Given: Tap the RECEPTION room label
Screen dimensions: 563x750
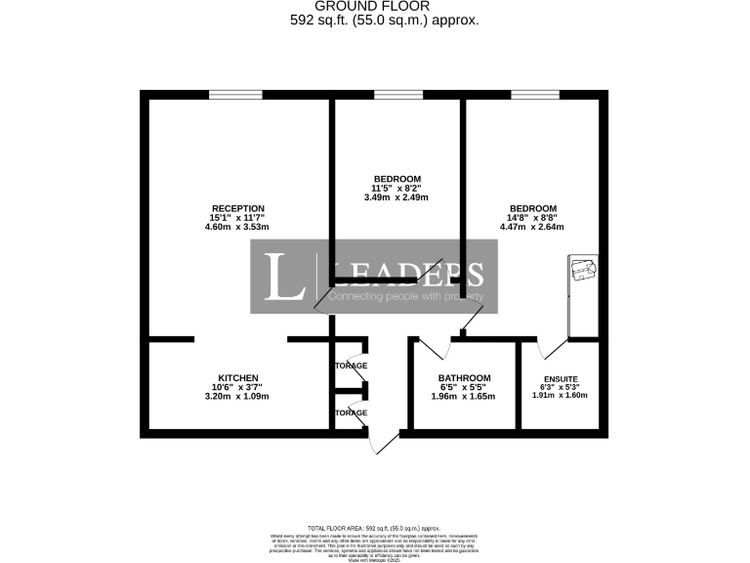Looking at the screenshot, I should click(x=238, y=208).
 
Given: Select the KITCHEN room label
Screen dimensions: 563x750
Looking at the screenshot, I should click(x=237, y=378).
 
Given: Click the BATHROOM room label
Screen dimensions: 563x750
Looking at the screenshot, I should click(x=464, y=378).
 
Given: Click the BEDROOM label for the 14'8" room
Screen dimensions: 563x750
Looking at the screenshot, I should click(x=532, y=208).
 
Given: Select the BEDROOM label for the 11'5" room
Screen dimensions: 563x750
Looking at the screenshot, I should click(x=396, y=179).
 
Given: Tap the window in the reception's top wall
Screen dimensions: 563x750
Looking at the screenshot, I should click(x=235, y=94).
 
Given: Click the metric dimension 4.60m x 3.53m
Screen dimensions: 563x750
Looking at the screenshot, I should click(x=237, y=227).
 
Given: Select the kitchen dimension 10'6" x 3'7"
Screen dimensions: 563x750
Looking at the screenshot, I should click(x=237, y=387).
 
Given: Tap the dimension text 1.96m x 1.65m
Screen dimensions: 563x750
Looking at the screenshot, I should click(x=464, y=397).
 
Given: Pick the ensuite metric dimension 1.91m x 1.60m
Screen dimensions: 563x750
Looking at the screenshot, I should click(x=561, y=397).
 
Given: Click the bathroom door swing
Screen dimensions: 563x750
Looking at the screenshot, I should click(x=432, y=345).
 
